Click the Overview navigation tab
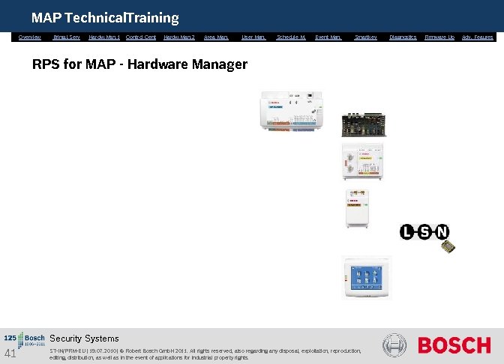pos(30,37)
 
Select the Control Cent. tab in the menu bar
pos(141,37)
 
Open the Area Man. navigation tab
pos(216,37)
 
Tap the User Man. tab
pos(253,37)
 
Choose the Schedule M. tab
pos(291,37)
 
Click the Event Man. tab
pos(328,37)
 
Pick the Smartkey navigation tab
pos(366,37)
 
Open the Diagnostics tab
pos(403,37)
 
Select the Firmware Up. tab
pos(439,37)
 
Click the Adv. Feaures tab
pos(478,37)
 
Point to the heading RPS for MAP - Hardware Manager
pos(139,64)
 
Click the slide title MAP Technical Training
pos(105,17)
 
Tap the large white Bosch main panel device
pos(292,112)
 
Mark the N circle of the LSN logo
pos(442,231)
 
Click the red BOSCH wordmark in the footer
pos(454,346)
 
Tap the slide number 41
pos(10,354)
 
